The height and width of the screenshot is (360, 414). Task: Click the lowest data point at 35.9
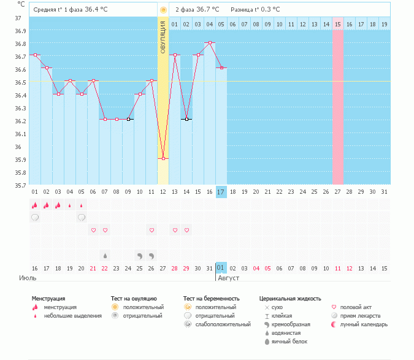[163, 158]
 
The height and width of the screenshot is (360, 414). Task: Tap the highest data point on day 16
[210, 42]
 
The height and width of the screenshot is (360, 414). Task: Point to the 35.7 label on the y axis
[20, 185]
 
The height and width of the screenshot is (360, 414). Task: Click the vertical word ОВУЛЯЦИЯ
[163, 37]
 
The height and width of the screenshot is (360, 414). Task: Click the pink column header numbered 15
[338, 24]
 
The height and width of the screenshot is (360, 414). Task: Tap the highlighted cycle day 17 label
[221, 191]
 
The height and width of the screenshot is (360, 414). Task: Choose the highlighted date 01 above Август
[221, 268]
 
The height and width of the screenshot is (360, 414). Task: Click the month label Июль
[28, 278]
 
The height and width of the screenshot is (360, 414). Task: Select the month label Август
[228, 278]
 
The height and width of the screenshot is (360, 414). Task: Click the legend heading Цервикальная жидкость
[290, 299]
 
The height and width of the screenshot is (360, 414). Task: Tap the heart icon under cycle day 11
[151, 230]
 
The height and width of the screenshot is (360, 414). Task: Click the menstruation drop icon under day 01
[35, 205]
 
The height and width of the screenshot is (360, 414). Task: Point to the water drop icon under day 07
[105, 255]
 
